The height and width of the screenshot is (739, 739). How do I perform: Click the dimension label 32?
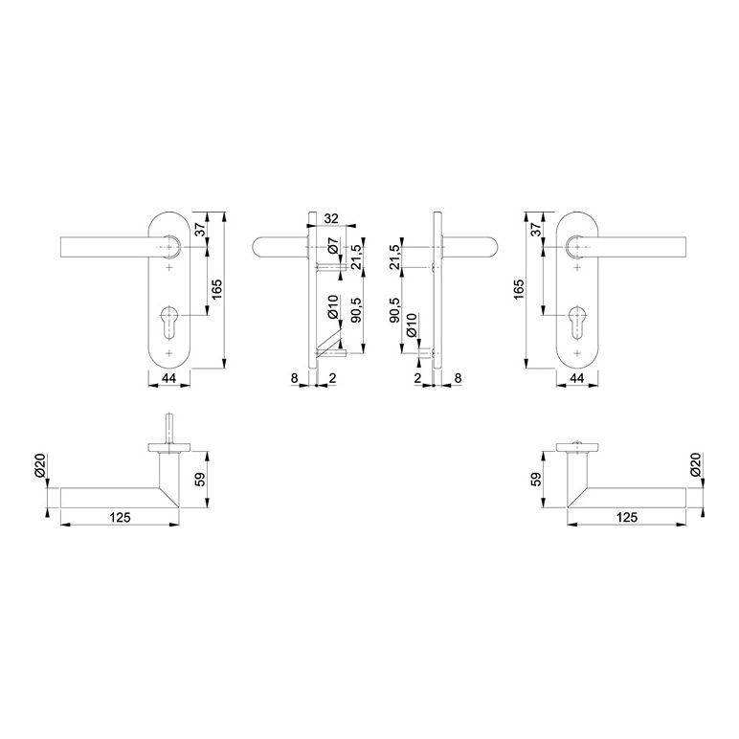(331, 218)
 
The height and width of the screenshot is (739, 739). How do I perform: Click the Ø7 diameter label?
(333, 247)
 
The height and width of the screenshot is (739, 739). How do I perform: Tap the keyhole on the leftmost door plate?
(169, 322)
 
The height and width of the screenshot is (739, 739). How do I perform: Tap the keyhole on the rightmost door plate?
(577, 322)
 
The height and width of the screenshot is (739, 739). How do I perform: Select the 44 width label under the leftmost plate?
(168, 377)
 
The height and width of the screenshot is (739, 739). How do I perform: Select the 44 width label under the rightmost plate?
(577, 377)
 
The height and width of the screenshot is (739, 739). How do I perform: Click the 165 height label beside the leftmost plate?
(216, 290)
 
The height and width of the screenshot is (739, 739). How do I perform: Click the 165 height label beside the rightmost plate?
(519, 290)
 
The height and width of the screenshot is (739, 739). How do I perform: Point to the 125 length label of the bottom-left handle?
(120, 517)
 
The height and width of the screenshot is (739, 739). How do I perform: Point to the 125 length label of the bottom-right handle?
(626, 517)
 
